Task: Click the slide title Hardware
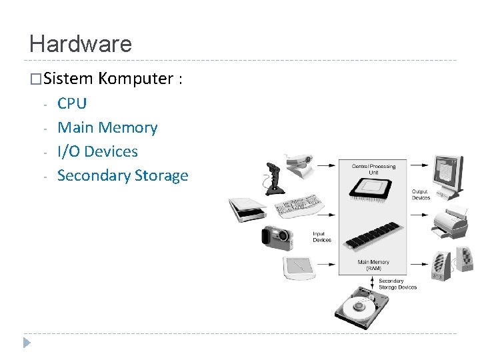click(x=81, y=45)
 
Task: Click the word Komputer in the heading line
click(x=135, y=79)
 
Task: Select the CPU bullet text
click(x=72, y=103)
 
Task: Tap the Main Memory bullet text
click(x=107, y=127)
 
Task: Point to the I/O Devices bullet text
click(x=97, y=151)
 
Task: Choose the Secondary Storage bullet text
click(x=123, y=175)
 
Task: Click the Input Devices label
click(x=322, y=237)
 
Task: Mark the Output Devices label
click(x=421, y=195)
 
